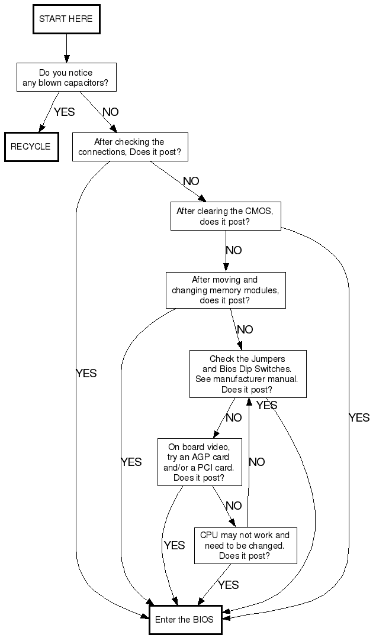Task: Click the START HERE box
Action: [66, 19]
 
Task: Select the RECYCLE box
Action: [31, 147]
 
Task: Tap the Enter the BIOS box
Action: [185, 620]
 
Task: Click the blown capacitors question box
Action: [66, 77]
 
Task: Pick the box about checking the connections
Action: [130, 147]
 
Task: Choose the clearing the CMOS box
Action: [225, 216]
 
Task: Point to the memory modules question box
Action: [225, 290]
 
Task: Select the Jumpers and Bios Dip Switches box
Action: [248, 374]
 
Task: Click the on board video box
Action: [200, 461]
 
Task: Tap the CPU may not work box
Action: [245, 545]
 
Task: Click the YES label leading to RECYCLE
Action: [65, 112]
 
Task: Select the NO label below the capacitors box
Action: [111, 112]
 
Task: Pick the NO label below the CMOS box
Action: [234, 250]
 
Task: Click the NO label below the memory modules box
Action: [245, 329]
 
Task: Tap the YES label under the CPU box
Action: [228, 585]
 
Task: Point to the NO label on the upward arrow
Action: [256, 462]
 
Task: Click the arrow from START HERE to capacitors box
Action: [66, 48]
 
